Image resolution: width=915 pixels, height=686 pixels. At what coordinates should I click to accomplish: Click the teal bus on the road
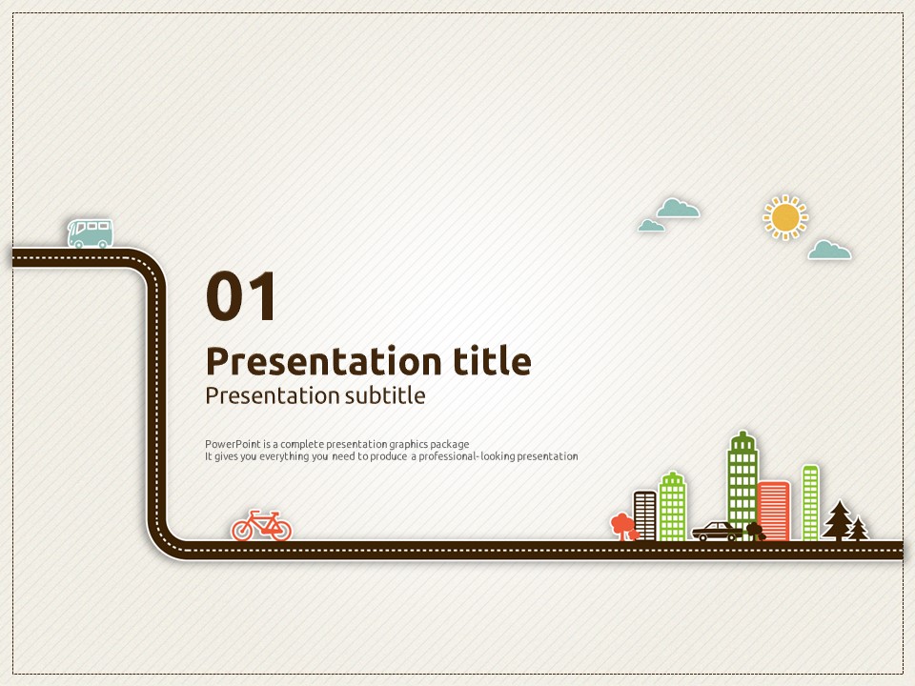pyautogui.click(x=90, y=233)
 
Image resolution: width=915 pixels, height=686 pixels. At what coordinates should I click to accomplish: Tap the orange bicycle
pyautogui.click(x=261, y=525)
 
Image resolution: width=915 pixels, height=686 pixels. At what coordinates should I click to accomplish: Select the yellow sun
pyautogui.click(x=785, y=217)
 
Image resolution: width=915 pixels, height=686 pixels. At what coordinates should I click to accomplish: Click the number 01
pyautogui.click(x=240, y=295)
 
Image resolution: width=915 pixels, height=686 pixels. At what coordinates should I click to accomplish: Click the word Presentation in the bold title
pyautogui.click(x=324, y=361)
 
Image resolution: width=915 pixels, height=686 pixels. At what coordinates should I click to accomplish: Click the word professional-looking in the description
pyautogui.click(x=466, y=456)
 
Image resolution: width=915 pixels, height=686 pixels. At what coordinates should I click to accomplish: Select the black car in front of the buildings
pyautogui.click(x=717, y=531)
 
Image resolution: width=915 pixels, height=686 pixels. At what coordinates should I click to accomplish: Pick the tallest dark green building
pyautogui.click(x=742, y=484)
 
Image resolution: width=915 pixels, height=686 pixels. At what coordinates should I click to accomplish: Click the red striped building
pyautogui.click(x=774, y=511)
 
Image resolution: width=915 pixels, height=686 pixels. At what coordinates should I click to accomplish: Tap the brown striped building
pyautogui.click(x=645, y=515)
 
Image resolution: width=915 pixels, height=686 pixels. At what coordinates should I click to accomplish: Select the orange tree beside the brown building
pyautogui.click(x=623, y=526)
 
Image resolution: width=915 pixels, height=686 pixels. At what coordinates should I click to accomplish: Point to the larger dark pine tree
pyautogui.click(x=839, y=520)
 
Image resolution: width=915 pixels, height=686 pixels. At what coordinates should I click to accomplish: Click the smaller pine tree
pyautogui.click(x=859, y=529)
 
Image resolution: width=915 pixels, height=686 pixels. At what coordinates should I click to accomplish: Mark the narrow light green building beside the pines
pyautogui.click(x=810, y=502)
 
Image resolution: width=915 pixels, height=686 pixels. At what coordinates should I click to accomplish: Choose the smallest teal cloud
pyautogui.click(x=651, y=225)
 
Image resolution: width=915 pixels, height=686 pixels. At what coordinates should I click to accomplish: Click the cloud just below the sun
pyautogui.click(x=829, y=250)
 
